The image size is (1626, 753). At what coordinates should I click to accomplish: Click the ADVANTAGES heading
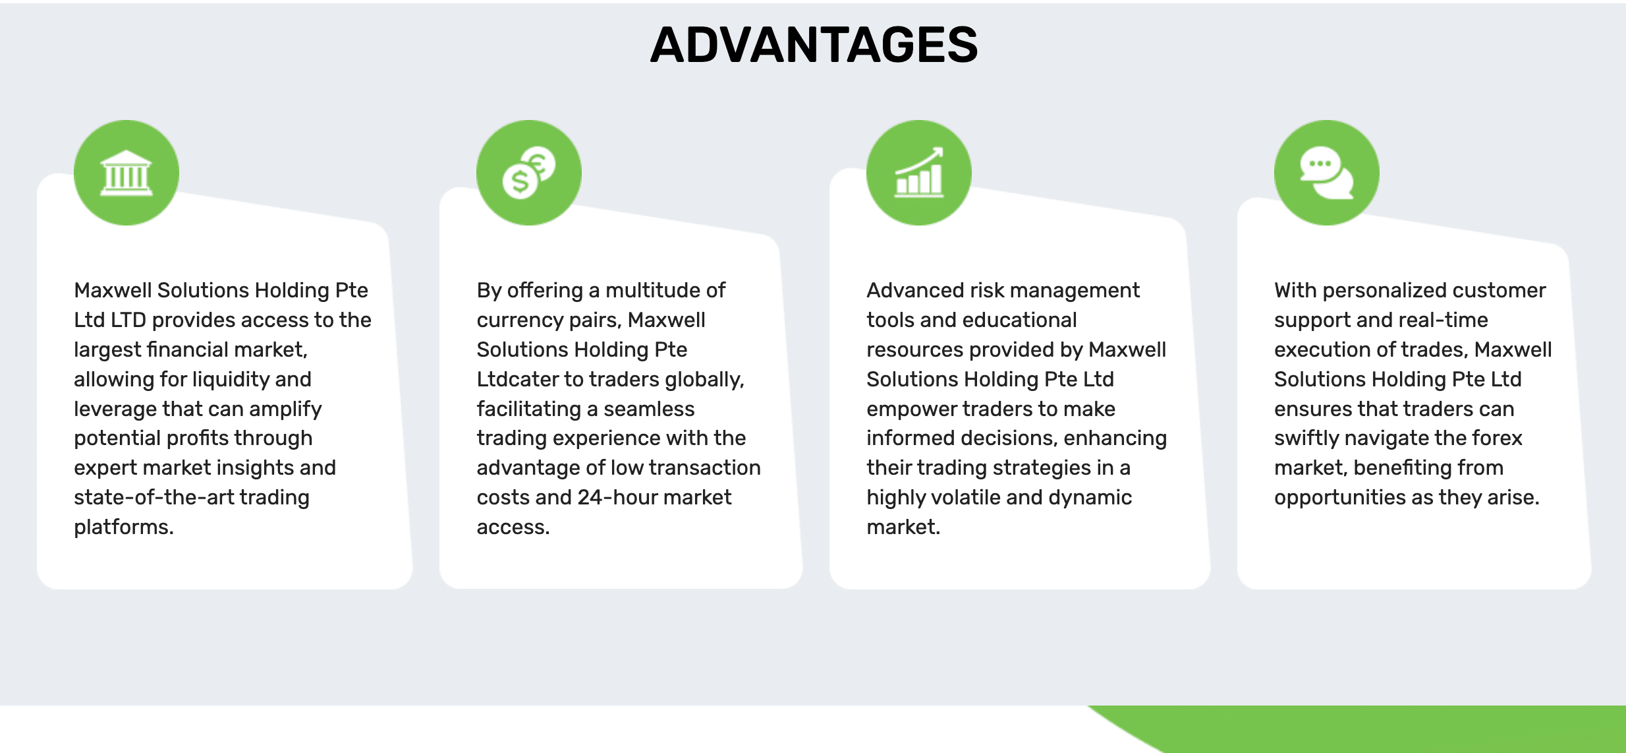tap(814, 45)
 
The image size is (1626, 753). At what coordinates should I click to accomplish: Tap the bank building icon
tap(126, 173)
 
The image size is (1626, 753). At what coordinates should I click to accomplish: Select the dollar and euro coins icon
tap(529, 173)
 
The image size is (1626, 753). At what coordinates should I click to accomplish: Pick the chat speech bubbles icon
tap(1327, 173)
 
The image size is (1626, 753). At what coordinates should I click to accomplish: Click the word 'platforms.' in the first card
tap(124, 527)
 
